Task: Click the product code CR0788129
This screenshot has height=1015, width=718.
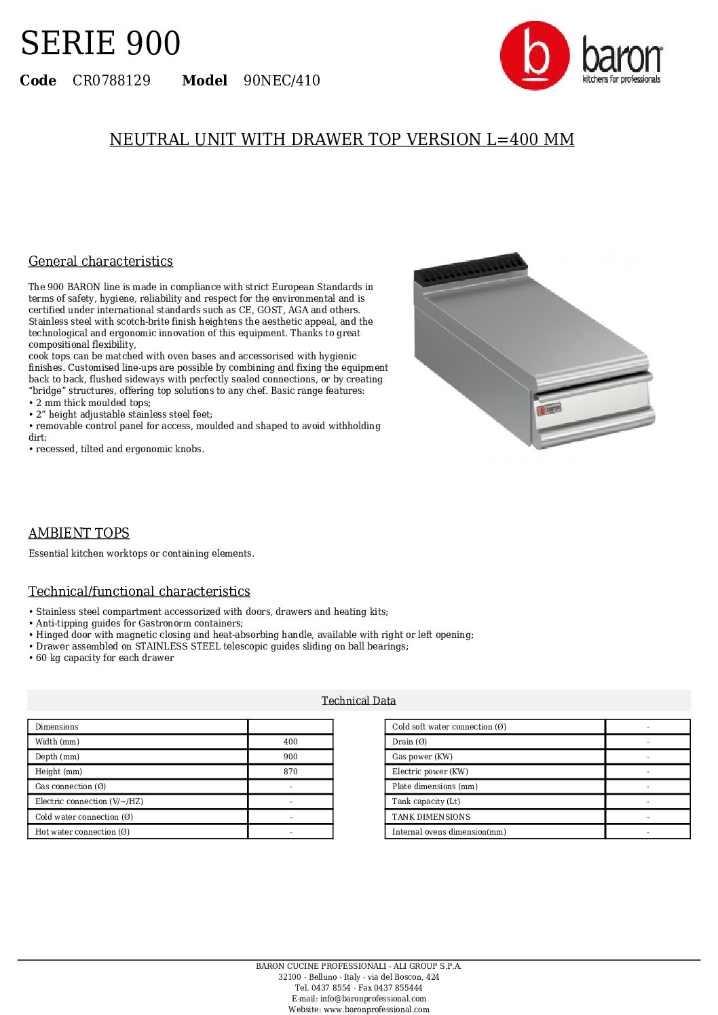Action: point(111,81)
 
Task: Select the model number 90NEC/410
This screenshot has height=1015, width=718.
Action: point(282,81)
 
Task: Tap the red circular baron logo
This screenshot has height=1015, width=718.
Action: point(534,56)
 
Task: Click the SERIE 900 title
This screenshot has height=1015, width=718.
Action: point(100,43)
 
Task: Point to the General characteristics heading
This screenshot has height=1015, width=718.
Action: point(100,261)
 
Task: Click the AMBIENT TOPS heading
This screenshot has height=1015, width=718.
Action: point(79,533)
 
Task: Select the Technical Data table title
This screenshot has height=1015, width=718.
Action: point(358,700)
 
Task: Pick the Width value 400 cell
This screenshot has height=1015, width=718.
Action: point(290,742)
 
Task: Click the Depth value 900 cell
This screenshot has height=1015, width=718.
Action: point(290,757)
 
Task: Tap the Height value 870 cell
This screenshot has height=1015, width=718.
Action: point(290,772)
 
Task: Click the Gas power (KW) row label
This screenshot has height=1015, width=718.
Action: point(422,757)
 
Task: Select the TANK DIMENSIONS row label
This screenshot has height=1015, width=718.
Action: point(431,817)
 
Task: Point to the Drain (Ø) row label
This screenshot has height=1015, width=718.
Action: point(409,742)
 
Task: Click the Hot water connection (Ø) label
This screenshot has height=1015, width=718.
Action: point(82,832)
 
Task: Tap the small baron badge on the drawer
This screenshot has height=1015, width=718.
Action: point(549,409)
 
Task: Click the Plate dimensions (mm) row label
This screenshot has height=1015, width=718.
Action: point(434,787)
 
